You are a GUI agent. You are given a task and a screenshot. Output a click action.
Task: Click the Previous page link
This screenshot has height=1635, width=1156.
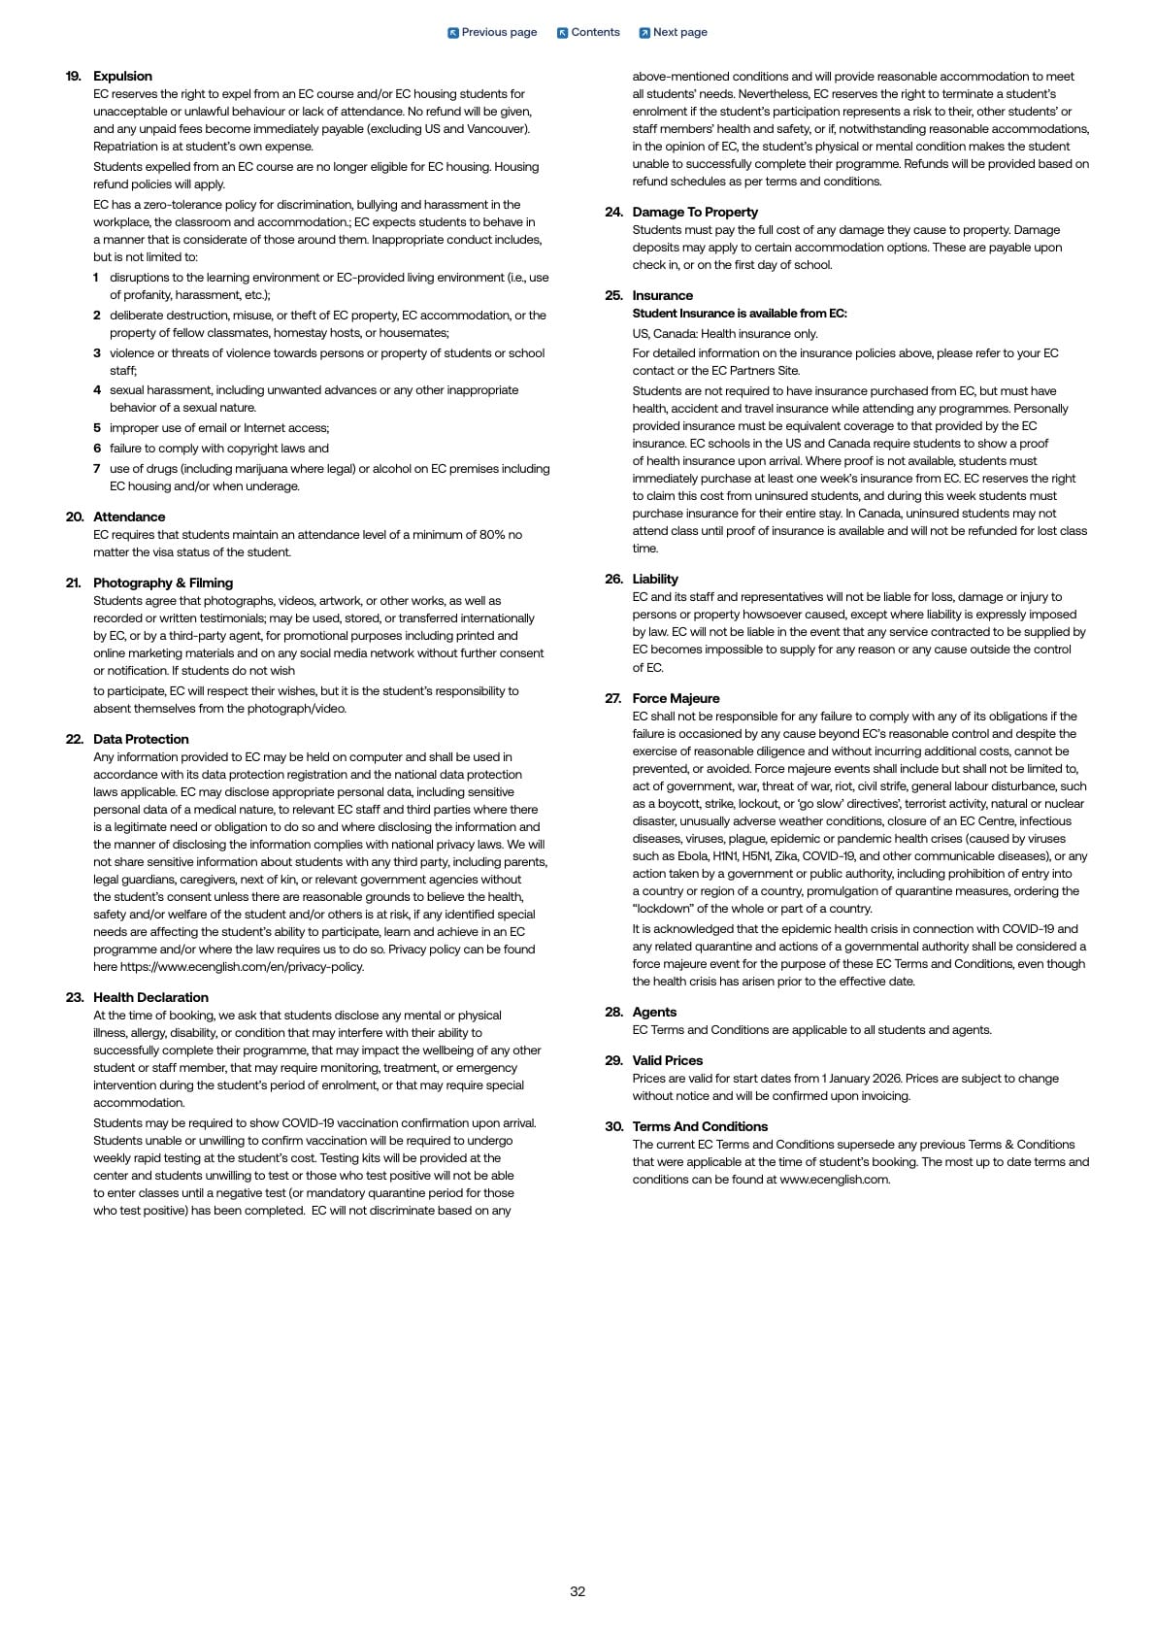point(492,32)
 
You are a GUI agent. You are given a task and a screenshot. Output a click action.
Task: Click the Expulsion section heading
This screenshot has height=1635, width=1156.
point(122,76)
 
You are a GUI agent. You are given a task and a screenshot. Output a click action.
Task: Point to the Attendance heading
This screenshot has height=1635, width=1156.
point(129,517)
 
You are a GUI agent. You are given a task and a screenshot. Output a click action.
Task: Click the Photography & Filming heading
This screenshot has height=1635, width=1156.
point(163,583)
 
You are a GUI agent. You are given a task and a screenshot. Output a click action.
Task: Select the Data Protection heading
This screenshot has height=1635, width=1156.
point(141,739)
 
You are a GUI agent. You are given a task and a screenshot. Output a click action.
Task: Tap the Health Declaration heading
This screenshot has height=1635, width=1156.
point(150,997)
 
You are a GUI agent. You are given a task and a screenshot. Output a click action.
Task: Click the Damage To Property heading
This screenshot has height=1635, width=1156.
point(695,212)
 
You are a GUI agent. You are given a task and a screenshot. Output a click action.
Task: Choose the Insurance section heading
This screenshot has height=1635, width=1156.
point(663,295)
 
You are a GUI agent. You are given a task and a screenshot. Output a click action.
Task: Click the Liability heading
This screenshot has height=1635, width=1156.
point(655,579)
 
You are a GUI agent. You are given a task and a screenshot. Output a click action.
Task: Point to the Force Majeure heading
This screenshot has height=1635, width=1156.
point(676,698)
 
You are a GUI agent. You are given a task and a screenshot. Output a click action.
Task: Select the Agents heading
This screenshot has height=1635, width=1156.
point(654,1012)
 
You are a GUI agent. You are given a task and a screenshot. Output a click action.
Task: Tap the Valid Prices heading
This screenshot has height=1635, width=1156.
point(667,1060)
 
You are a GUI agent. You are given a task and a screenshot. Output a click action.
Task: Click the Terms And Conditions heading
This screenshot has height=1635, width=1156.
point(700,1126)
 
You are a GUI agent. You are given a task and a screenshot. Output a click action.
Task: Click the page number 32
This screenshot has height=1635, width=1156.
point(578,1591)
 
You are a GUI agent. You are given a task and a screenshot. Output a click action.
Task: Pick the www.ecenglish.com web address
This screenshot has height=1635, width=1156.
point(834,1180)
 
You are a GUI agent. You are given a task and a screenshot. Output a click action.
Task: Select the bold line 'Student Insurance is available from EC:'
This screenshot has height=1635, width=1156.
point(740,314)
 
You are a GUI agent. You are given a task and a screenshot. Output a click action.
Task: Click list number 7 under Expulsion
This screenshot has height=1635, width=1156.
point(97,468)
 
